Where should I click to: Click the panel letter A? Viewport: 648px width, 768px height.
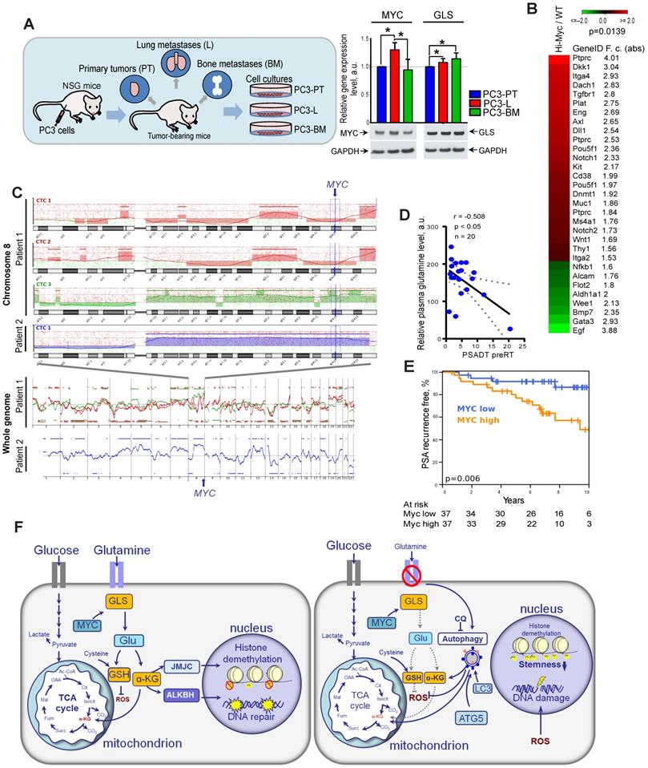tap(29, 24)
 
